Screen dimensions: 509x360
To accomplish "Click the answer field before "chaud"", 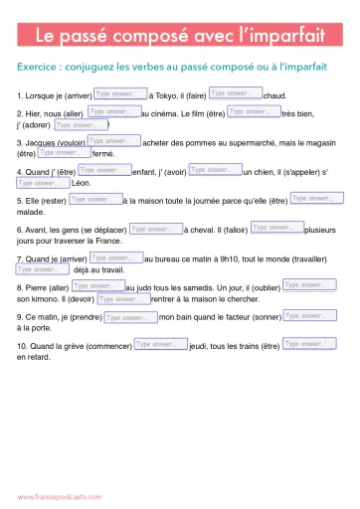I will pos(235,93).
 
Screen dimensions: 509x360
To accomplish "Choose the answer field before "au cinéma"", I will pos(113,112).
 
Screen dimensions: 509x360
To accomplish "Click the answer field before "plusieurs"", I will pos(276,228).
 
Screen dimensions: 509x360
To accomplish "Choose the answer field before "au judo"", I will pos(98,286).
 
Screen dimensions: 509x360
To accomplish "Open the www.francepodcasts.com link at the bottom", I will pos(60,495).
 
